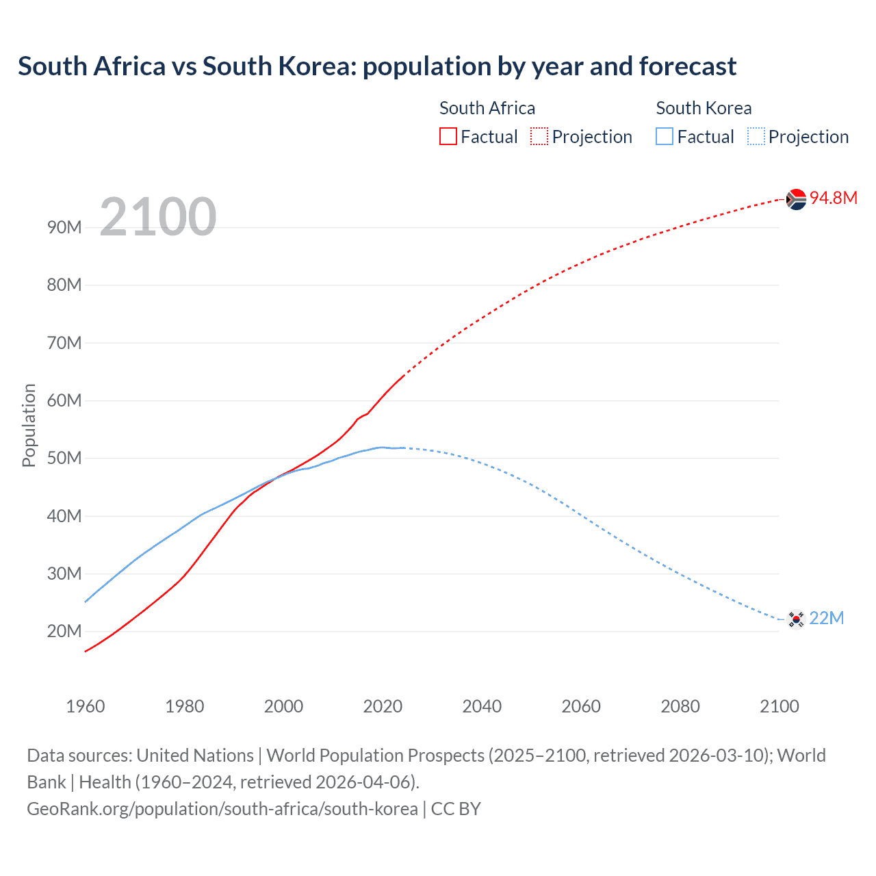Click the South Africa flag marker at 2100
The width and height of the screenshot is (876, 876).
796,199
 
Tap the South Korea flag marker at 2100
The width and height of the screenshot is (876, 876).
795,619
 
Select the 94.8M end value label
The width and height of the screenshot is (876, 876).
834,198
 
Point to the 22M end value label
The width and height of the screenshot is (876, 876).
826,618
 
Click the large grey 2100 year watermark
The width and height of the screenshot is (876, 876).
158,217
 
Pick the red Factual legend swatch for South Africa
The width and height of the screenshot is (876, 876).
448,137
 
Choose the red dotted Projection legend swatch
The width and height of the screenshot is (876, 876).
539,137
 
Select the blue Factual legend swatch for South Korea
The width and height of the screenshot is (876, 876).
665,137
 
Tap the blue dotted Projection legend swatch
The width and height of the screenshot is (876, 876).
756,137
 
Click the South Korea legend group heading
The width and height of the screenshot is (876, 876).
704,108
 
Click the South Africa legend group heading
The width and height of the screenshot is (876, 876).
487,108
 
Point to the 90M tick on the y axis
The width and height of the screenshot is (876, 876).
64,227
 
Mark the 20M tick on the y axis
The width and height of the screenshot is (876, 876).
64,631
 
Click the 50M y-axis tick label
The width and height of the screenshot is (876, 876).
64,458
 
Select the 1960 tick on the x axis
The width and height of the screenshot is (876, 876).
86,706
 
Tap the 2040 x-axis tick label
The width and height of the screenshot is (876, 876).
482,706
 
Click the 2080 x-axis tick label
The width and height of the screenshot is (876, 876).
680,706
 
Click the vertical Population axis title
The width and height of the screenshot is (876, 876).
29,425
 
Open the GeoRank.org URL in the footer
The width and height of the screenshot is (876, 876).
222,809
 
